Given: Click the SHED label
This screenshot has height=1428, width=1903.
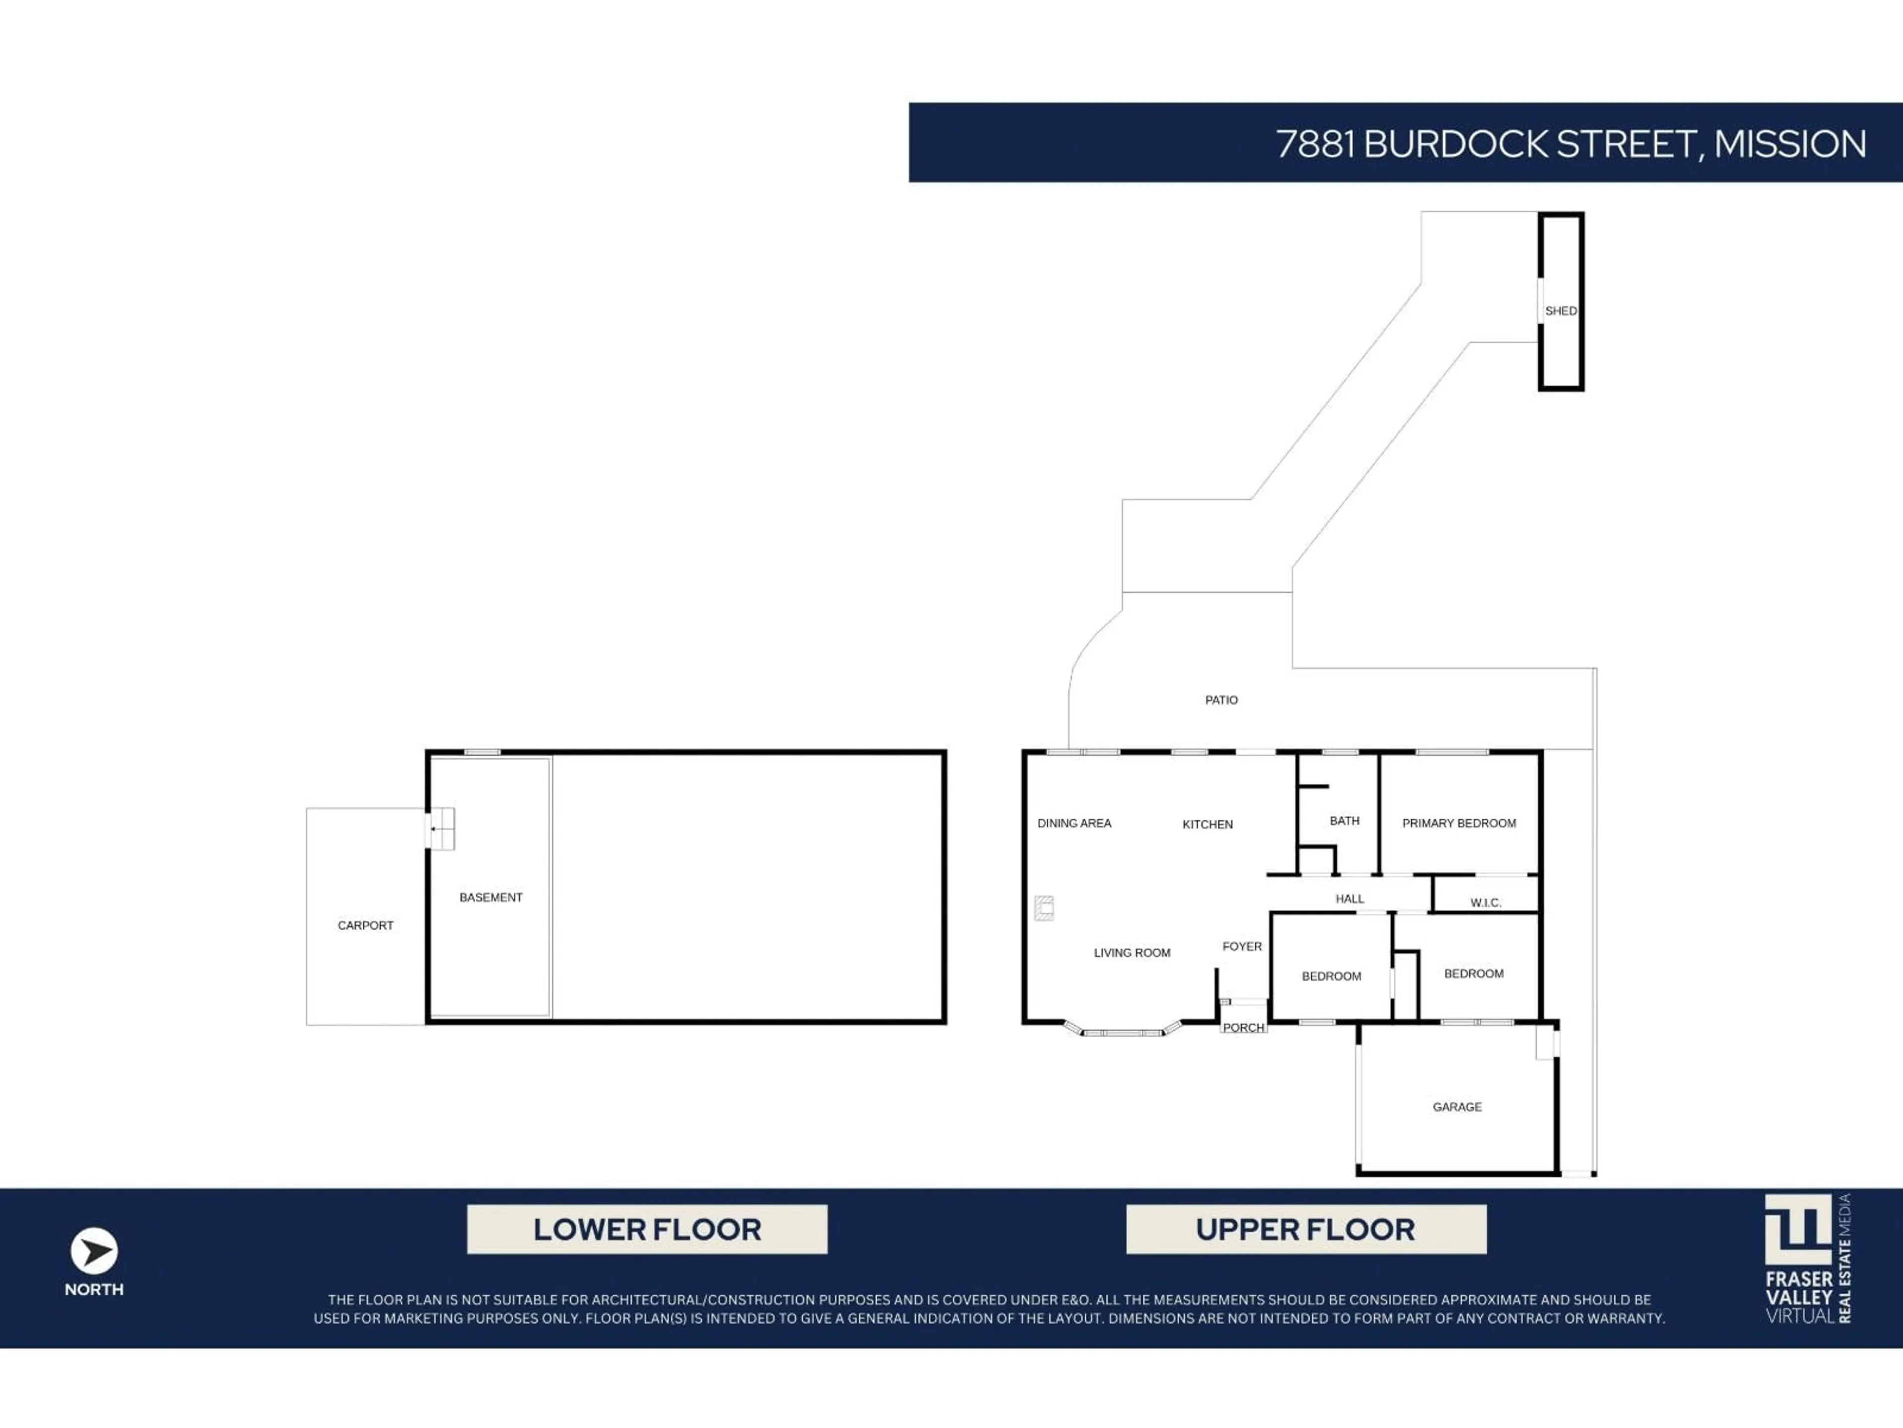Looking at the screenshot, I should (x=1561, y=311).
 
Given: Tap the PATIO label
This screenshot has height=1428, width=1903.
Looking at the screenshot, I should (x=1221, y=700).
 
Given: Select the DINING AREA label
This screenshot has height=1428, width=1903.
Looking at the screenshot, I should (x=1074, y=823).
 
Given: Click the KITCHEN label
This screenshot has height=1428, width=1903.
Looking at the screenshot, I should (x=1207, y=824).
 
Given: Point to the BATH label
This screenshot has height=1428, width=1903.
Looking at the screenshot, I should (x=1344, y=820).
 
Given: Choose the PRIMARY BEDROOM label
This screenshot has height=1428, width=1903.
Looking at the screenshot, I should (x=1459, y=823).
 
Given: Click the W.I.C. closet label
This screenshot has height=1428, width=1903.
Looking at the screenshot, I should (x=1486, y=902).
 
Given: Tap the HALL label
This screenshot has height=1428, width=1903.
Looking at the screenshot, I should (x=1349, y=898).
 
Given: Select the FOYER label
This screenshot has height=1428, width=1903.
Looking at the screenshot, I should (x=1241, y=946).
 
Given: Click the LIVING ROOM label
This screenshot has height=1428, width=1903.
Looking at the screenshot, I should (x=1131, y=952).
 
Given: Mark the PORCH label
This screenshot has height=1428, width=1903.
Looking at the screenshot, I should (x=1243, y=1027).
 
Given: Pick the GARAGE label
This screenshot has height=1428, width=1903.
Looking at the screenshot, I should (x=1456, y=1106).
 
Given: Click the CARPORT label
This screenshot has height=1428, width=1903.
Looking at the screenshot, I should (x=365, y=925).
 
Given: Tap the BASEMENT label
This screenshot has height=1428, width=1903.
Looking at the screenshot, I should (x=491, y=897).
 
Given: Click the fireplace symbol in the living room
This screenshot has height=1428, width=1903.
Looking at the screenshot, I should (x=1044, y=907).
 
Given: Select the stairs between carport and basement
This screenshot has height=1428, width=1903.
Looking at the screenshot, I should (x=441, y=828).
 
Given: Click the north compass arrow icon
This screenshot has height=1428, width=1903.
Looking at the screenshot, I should (x=94, y=1250).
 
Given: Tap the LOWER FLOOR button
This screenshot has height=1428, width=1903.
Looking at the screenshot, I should (x=647, y=1229).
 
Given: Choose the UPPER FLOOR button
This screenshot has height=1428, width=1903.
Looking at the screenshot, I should (x=1305, y=1229).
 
